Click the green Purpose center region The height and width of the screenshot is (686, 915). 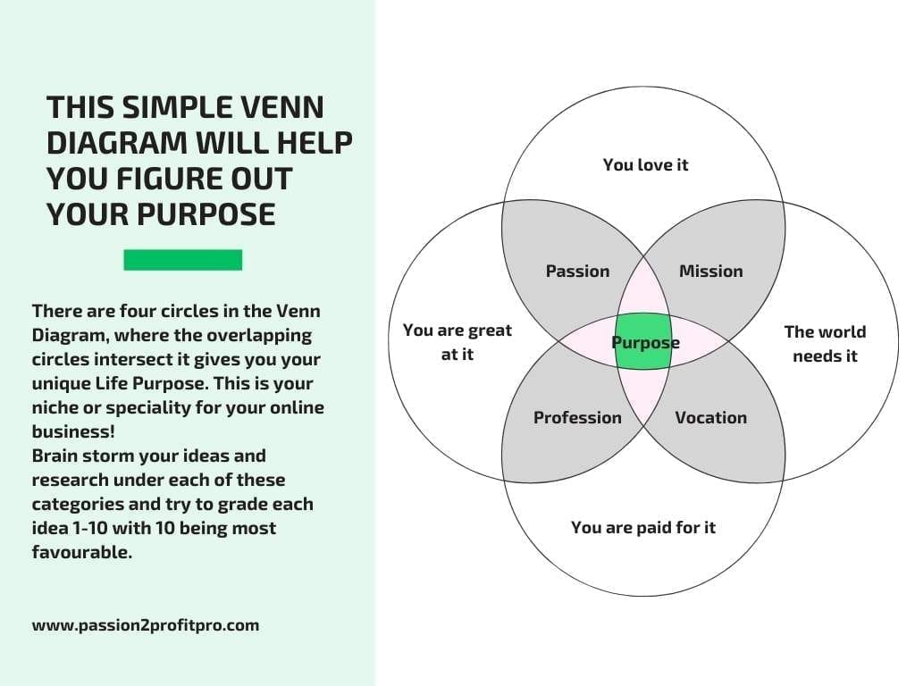643,341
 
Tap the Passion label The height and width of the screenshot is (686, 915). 578,272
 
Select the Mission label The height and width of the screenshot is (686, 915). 710,272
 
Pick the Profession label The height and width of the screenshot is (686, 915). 578,418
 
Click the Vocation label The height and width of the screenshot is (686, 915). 710,418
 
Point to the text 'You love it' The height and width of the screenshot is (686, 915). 645,165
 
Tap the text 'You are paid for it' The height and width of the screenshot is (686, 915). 643,528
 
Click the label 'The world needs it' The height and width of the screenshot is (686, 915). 825,344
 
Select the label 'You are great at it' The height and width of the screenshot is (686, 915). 457,342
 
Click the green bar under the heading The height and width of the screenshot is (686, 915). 182,260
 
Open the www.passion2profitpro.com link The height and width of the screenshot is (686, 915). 146,625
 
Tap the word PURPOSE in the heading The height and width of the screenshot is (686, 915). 206,214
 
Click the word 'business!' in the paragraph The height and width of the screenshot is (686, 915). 73,431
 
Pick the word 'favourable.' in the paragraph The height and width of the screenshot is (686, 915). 82,552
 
